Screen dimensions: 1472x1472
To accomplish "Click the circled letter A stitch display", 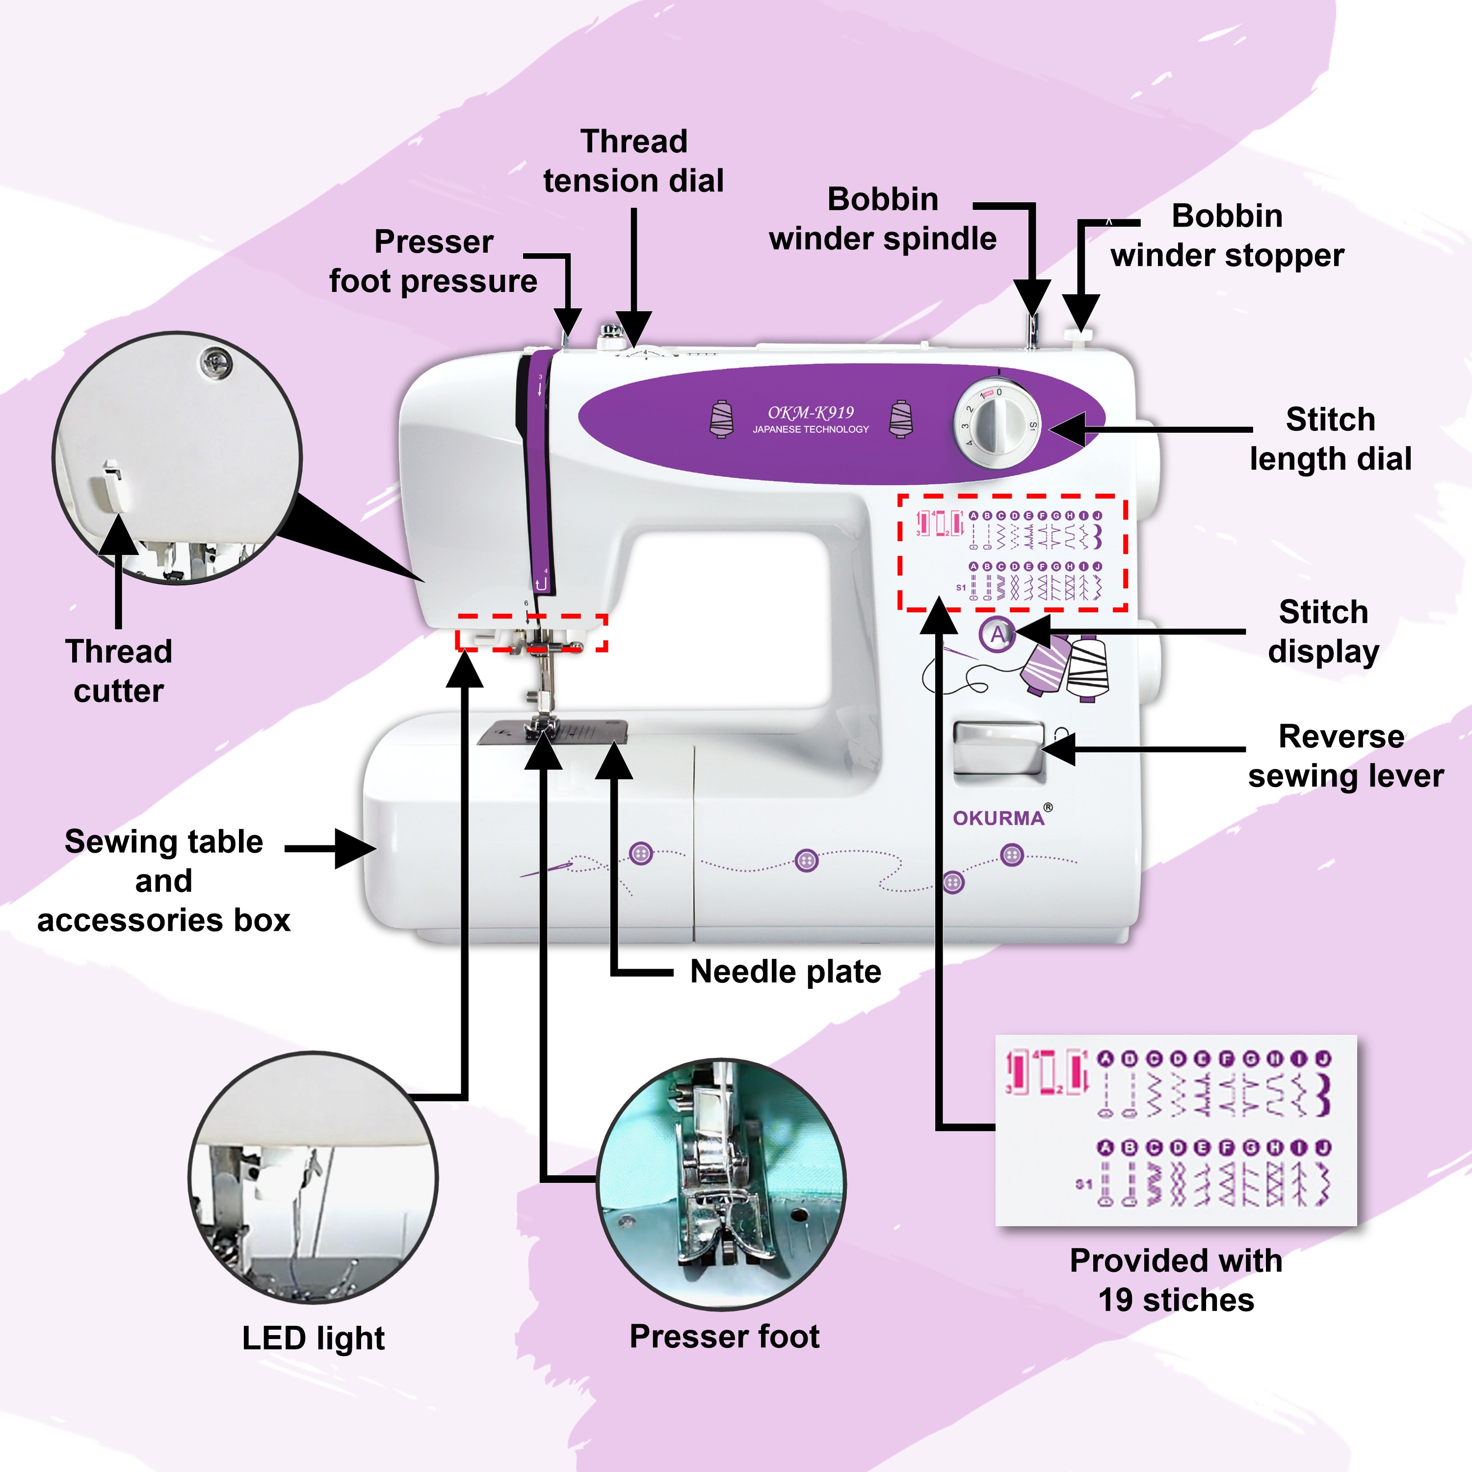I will tap(998, 634).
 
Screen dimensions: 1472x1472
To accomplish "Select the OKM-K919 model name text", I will tap(811, 413).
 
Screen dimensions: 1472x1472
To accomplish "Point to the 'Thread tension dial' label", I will tap(633, 161).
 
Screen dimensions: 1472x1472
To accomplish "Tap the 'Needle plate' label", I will tap(786, 972).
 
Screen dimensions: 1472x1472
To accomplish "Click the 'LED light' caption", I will tap(313, 1338).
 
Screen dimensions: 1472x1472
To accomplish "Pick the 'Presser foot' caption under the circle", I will tap(725, 1337).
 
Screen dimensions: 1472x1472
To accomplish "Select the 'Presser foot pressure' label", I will tap(434, 262).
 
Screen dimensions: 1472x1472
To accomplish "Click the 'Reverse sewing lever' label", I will tap(1345, 756).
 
